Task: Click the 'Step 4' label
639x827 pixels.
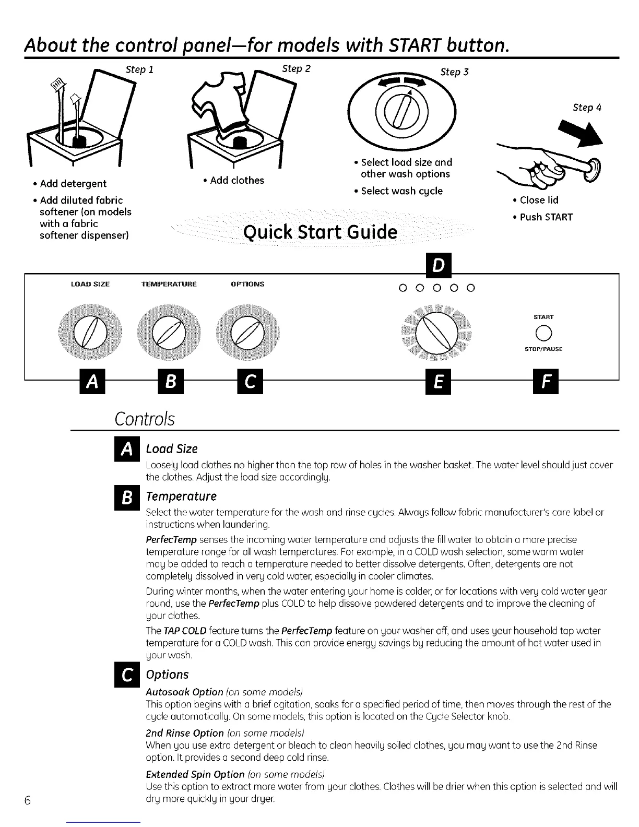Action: pyautogui.click(x=587, y=108)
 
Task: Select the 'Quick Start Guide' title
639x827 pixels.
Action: pyautogui.click(x=320, y=231)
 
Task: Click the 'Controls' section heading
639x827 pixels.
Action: pyautogui.click(x=144, y=419)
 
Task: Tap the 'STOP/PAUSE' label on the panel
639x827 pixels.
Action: pyautogui.click(x=544, y=349)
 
